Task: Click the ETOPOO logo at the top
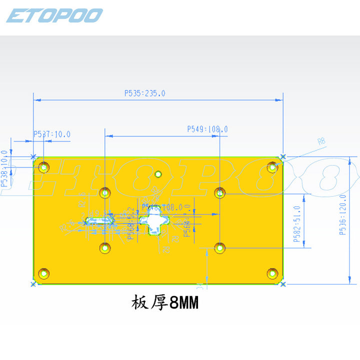pos(54,15)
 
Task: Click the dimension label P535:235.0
pos(144,93)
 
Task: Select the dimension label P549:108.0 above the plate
pos(207,129)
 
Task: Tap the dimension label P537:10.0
pos(52,134)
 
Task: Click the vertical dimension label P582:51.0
pos(297,224)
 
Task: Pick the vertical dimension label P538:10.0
pos(5,168)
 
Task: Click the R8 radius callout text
pos(321,142)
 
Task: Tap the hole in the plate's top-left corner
pos(44,167)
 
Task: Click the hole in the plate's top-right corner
pos(272,167)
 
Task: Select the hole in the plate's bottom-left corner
pos(44,273)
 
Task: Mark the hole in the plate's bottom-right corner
pos(272,273)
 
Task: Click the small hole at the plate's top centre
pos(158,174)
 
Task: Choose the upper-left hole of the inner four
pos(105,192)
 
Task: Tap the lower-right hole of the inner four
pos(220,247)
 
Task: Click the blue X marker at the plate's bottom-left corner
pos(33,284)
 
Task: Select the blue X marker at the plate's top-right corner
pos(283,157)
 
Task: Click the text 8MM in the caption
pos(184,303)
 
